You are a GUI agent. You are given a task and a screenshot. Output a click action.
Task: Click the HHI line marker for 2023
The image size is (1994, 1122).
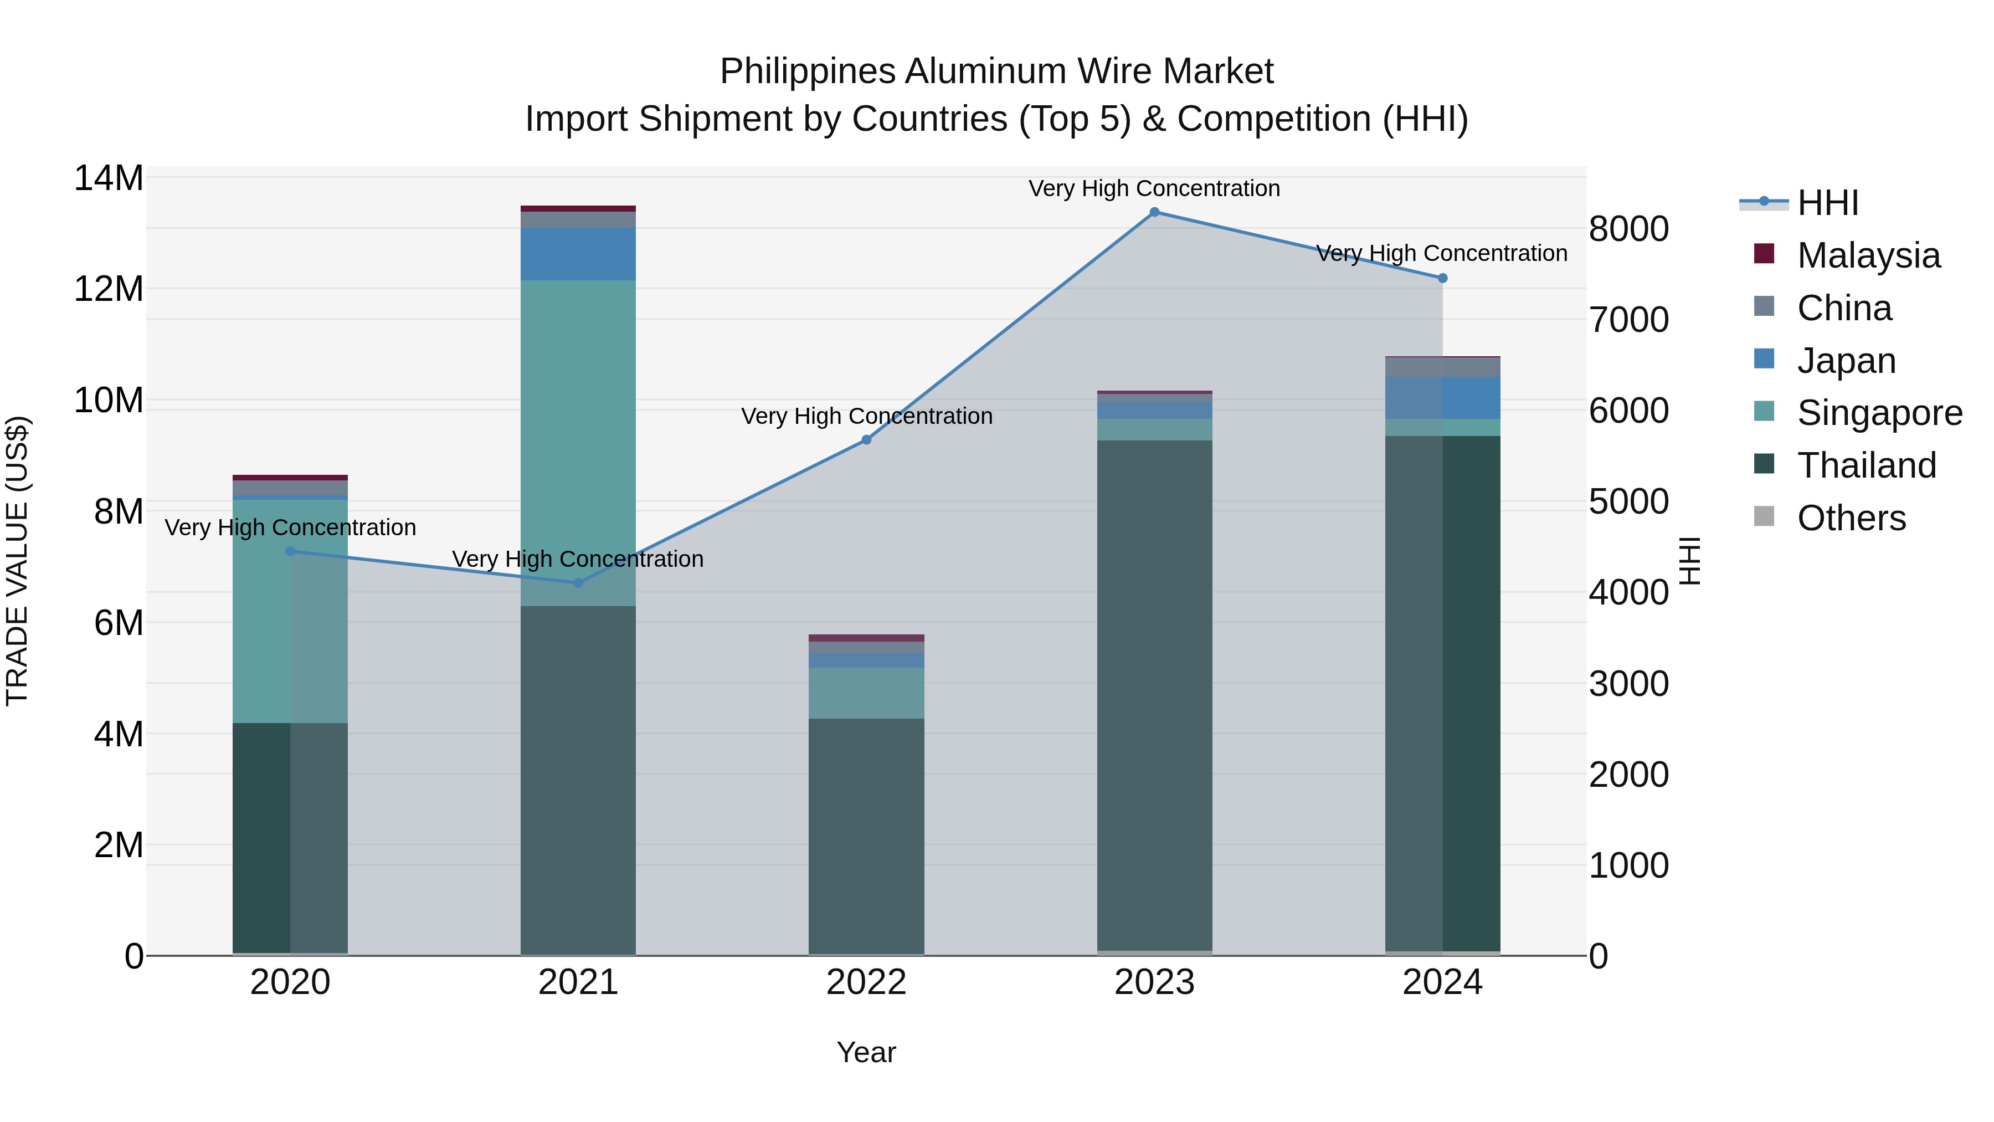(x=1154, y=212)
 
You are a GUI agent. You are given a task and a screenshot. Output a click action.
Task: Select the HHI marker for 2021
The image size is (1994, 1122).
(x=578, y=582)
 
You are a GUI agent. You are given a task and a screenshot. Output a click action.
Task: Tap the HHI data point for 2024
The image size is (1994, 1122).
(x=1442, y=278)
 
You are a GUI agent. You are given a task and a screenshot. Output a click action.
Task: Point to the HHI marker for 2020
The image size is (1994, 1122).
(x=290, y=551)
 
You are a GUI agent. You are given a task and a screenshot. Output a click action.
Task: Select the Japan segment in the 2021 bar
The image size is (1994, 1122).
(x=578, y=253)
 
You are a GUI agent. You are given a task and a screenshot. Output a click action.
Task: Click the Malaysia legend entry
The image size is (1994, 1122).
(x=1868, y=255)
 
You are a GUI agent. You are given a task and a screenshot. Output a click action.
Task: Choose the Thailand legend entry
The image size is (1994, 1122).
(x=1866, y=465)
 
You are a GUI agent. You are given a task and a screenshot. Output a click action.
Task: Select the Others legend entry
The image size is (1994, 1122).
(x=1851, y=518)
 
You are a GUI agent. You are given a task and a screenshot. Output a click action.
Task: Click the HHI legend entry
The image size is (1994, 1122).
(x=1828, y=203)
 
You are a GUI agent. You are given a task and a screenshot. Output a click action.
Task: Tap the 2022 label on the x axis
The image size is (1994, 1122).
(x=866, y=982)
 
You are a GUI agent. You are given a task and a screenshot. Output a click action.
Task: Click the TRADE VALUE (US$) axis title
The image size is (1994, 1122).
(x=17, y=561)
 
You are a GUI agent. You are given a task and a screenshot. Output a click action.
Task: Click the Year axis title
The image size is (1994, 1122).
(x=866, y=1052)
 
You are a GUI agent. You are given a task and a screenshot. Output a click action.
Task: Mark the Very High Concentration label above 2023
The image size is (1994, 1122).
(x=1154, y=188)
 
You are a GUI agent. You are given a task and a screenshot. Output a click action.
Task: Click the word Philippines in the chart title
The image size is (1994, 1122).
(x=808, y=71)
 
